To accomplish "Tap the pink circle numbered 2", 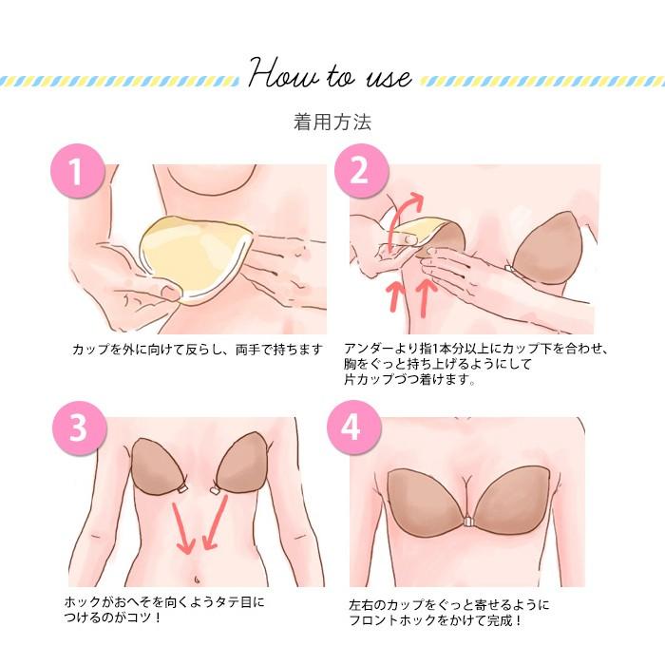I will [x=358, y=171].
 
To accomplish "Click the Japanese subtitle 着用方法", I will [x=332, y=123].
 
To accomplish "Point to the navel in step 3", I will [x=197, y=575].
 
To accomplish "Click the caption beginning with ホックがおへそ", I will [x=165, y=610].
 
